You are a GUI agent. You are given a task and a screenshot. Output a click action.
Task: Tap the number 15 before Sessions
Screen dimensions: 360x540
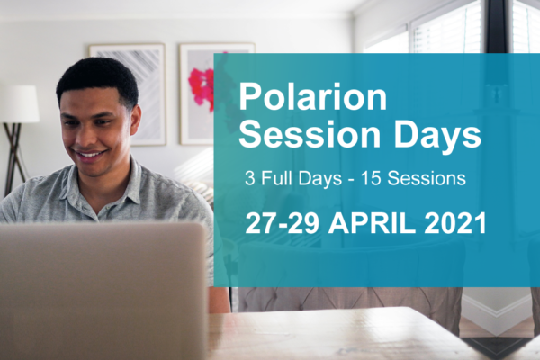tap(369, 178)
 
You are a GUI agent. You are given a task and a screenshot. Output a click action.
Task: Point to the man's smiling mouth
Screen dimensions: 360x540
tap(89, 157)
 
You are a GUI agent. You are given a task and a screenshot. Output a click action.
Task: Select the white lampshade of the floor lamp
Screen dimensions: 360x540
tap(18, 103)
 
